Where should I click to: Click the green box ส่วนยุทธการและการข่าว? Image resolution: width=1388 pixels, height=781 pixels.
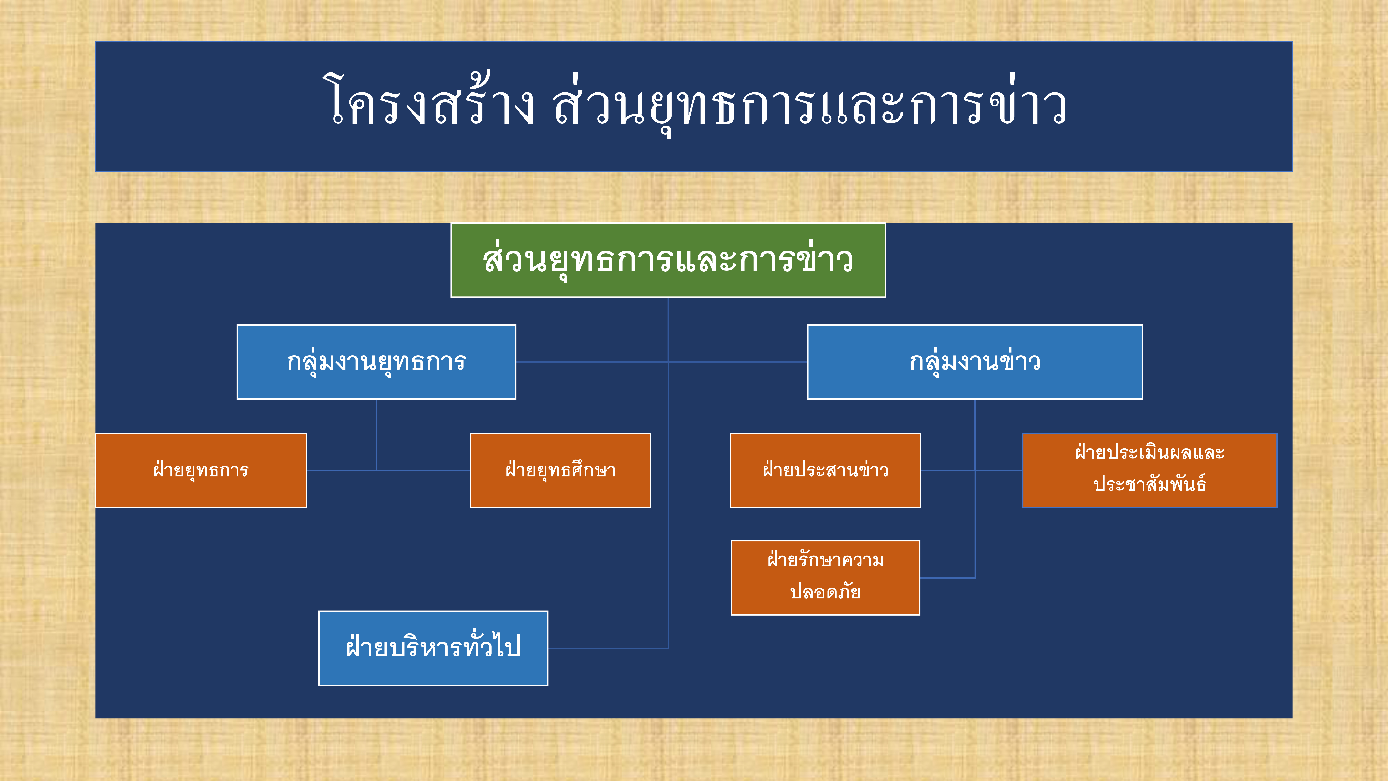[x=668, y=260]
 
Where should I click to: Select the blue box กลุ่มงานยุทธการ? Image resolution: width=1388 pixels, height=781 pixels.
[x=376, y=362]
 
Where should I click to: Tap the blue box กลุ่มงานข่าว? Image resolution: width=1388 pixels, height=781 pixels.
[x=975, y=362]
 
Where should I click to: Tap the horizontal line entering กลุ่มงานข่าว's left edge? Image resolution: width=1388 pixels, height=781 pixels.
[x=738, y=362]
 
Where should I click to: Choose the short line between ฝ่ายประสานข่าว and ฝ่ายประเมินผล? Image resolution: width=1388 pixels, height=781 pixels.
[x=971, y=470]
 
